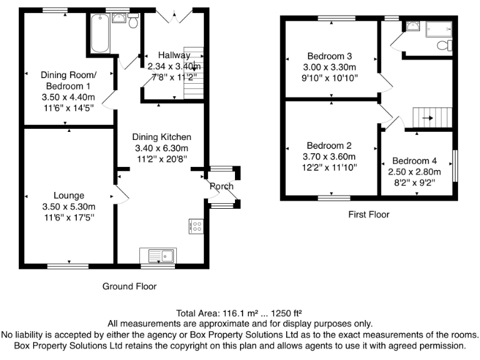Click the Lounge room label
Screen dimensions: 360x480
click(69, 196)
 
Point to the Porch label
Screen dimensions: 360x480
click(221, 186)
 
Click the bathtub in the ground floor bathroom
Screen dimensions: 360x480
click(99, 34)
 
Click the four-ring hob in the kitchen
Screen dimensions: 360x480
click(196, 226)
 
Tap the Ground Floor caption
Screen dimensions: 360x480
click(129, 286)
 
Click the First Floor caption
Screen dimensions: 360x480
click(369, 214)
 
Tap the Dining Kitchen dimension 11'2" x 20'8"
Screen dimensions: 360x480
click(161, 159)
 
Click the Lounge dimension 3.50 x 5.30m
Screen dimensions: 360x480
click(69, 206)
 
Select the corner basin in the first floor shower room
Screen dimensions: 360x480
click(412, 26)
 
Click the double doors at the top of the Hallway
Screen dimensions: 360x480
click(173, 16)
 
